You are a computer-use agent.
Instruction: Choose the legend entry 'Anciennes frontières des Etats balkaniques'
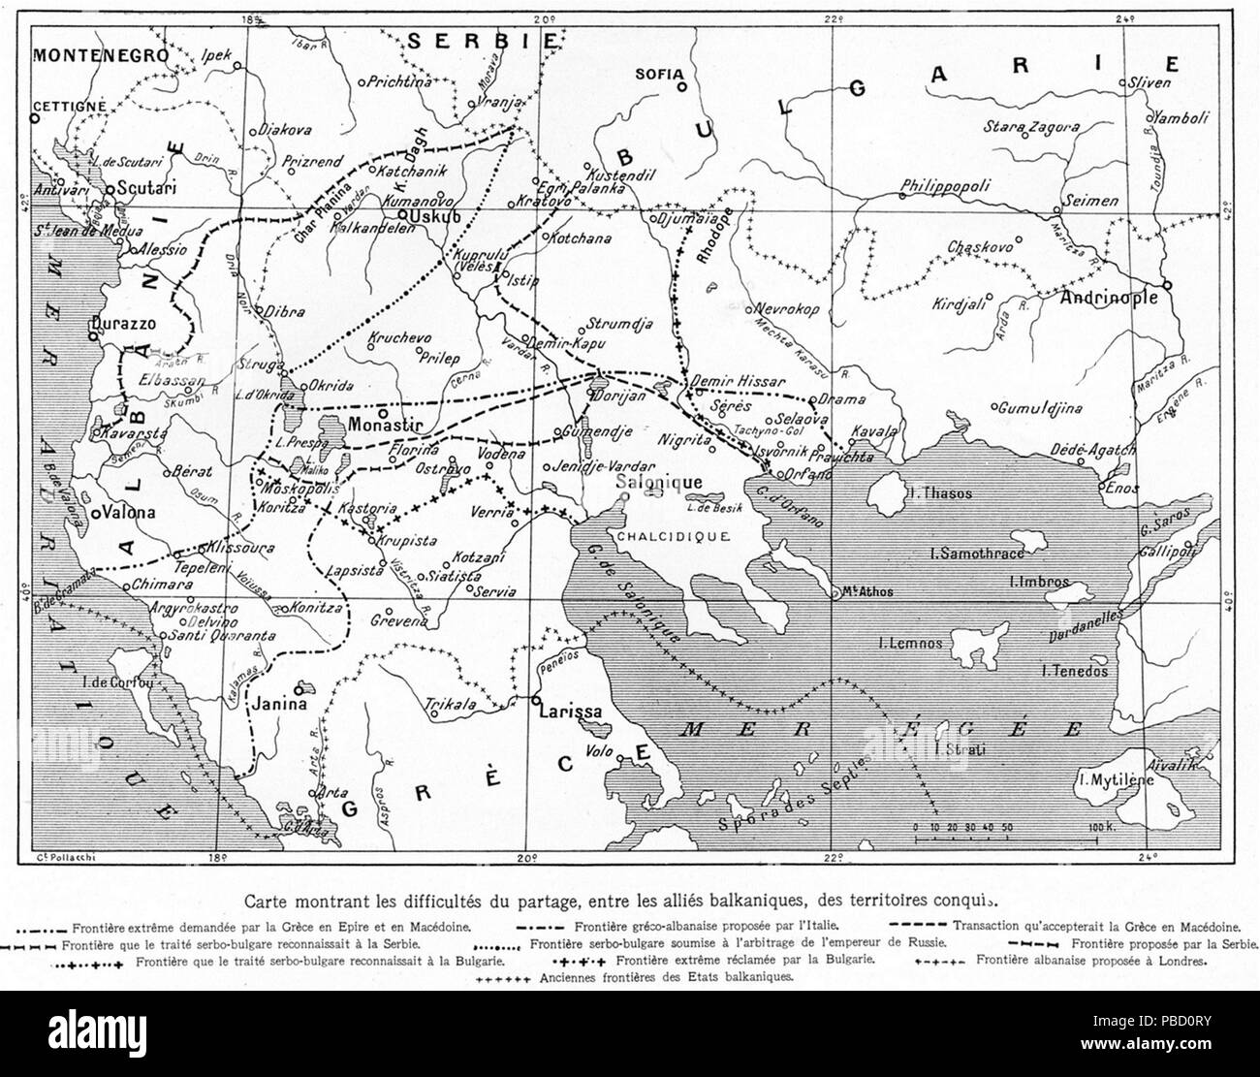coord(667,978)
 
